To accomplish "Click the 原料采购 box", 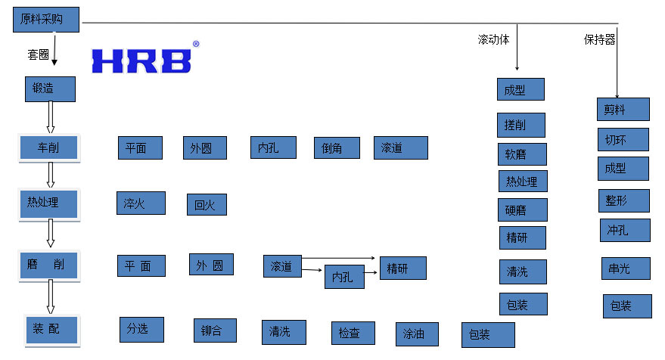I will click(x=46, y=19).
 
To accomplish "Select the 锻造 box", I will click(x=50, y=88).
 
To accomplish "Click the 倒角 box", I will click(x=337, y=147).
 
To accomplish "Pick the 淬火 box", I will click(x=140, y=203).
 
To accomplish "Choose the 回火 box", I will click(x=207, y=204).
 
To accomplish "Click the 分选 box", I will click(x=141, y=329).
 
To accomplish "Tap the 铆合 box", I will click(x=215, y=331).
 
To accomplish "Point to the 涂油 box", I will click(x=417, y=334).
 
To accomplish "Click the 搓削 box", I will click(x=521, y=125).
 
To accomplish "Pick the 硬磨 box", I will click(x=522, y=209).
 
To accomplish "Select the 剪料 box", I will click(x=623, y=109).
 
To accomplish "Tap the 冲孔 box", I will click(x=623, y=229).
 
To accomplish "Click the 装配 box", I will click(x=50, y=329).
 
